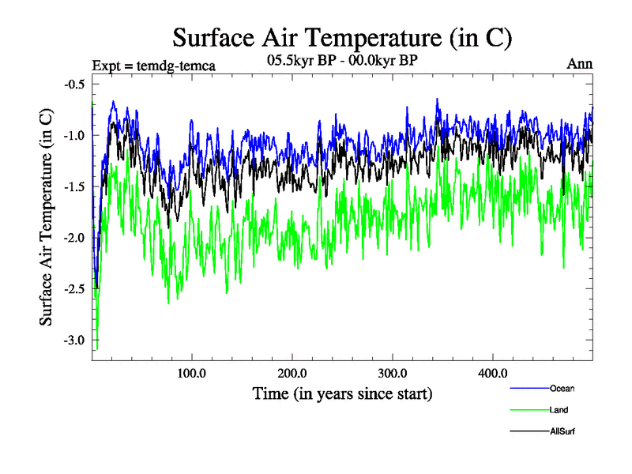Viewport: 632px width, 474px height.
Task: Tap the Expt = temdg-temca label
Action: click(154, 65)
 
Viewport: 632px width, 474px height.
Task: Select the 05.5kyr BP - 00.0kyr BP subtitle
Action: click(342, 58)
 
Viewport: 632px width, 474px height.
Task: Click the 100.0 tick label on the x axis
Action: click(192, 374)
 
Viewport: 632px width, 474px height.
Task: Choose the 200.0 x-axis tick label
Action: click(292, 374)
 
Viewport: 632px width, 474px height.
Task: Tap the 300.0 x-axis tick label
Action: click(393, 374)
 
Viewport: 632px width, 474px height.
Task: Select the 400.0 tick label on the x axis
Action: click(493, 374)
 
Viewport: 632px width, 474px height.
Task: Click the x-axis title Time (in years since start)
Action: click(342, 393)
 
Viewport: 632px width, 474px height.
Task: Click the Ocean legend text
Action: click(562, 388)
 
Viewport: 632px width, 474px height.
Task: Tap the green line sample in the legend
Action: click(528, 410)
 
